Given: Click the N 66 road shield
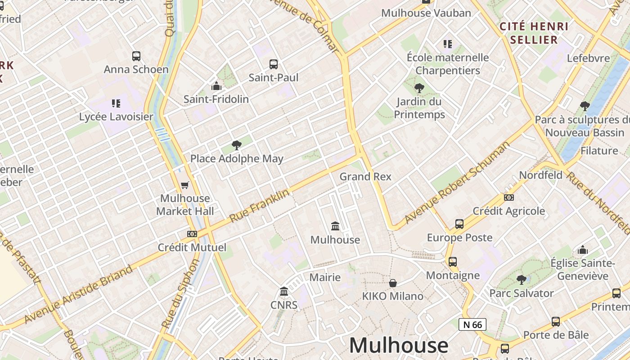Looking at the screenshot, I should click(x=472, y=324).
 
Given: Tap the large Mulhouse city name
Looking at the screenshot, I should click(x=399, y=346).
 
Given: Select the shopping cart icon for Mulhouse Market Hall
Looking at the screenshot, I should click(x=184, y=185).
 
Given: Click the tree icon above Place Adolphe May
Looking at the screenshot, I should click(x=236, y=145).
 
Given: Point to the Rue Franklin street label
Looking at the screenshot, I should click(x=259, y=206).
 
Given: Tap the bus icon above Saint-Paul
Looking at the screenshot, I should click(x=274, y=64).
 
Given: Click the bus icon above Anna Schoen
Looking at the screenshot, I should click(x=136, y=56).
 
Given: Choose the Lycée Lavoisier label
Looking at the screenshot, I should click(x=116, y=117).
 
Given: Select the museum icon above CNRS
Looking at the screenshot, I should click(x=284, y=292).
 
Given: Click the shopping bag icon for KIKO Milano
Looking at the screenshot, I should click(x=393, y=283).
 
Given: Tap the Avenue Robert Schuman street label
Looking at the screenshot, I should click(x=457, y=182).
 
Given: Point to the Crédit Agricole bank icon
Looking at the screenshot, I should click(x=509, y=198).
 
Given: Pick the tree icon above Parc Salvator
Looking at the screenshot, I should click(x=522, y=280).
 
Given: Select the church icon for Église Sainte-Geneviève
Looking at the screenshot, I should click(x=583, y=250).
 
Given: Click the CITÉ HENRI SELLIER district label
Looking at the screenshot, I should click(x=534, y=33).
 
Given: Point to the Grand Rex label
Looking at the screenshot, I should click(x=365, y=176).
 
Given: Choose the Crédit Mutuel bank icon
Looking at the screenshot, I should click(x=192, y=234).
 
